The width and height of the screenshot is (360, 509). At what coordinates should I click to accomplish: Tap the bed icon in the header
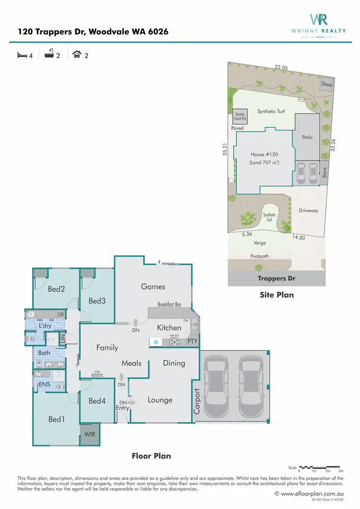22,55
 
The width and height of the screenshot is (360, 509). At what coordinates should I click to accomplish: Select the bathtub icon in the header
48,55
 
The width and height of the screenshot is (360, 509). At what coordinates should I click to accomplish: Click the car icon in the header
77,55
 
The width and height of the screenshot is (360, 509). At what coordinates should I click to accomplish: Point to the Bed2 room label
56,289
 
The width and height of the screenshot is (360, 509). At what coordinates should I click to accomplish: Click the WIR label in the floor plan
89,434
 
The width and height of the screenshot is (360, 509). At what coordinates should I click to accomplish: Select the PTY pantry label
192,341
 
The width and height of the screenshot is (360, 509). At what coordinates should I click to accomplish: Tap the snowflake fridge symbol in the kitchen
156,342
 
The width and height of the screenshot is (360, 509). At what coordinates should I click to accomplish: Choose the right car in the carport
250,387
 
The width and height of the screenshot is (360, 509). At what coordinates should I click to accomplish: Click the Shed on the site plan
326,84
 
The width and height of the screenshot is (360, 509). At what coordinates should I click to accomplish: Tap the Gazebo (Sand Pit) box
240,116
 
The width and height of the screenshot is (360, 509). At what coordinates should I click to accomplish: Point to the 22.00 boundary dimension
281,68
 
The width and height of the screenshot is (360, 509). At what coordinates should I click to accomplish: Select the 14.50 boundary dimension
298,237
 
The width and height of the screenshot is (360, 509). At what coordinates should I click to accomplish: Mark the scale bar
320,467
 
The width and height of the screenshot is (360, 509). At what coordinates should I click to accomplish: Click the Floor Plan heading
151,456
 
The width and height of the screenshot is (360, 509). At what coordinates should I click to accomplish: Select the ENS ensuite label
45,384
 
